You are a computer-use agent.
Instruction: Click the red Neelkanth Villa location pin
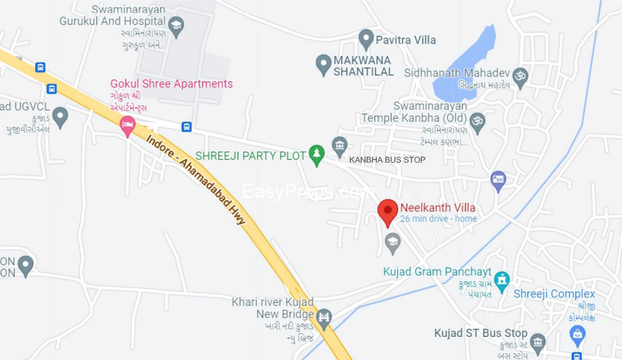pos(388,211)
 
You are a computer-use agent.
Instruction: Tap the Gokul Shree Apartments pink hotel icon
pos(128,125)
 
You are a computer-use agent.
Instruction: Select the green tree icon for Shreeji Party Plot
pos(316,154)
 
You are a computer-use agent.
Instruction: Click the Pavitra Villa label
pos(406,40)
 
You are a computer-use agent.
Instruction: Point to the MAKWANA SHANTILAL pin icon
pos(324,63)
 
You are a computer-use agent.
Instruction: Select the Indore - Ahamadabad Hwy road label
pos(196,179)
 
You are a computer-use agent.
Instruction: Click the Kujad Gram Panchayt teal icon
pos(503,280)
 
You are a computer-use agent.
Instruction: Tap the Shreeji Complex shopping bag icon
pos(577,334)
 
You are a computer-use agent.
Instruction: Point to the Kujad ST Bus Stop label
pos(481,333)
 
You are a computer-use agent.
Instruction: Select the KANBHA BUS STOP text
pos(387,160)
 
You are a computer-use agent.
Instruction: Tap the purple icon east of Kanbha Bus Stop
pos(498,180)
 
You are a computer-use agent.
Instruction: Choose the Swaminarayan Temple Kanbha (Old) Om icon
pos(477,121)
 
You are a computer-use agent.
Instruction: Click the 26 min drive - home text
pos(439,219)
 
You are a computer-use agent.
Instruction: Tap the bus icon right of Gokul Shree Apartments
pos(186,127)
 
